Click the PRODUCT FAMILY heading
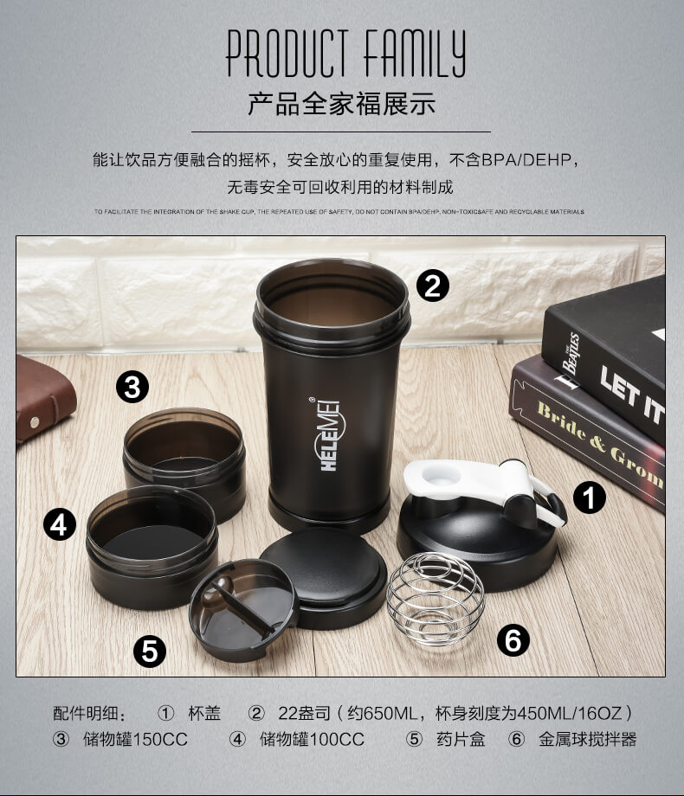click(x=345, y=54)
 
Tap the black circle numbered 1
click(x=590, y=498)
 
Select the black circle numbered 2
click(x=433, y=285)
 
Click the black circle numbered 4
click(x=60, y=524)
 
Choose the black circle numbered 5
click(x=150, y=651)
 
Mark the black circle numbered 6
click(x=513, y=641)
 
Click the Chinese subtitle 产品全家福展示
click(x=342, y=105)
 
